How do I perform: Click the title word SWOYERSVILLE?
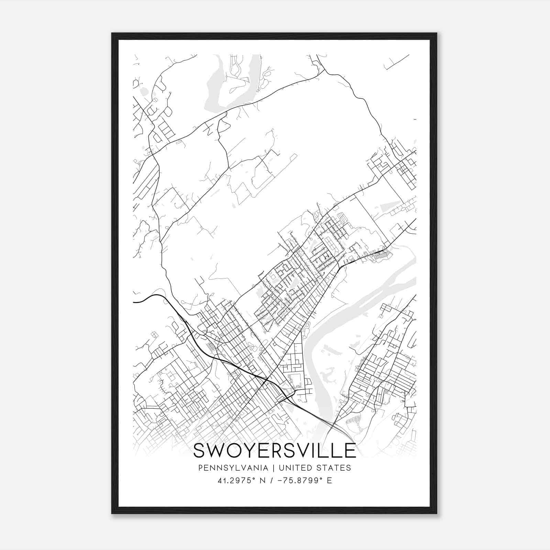tap(275, 451)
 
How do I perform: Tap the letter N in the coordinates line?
tap(263, 481)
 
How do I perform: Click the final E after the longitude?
tap(330, 481)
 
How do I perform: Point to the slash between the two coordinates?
tap(272, 481)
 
